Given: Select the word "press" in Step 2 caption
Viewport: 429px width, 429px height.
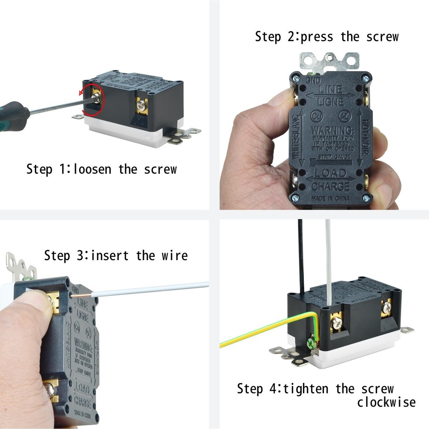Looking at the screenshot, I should click(317, 37).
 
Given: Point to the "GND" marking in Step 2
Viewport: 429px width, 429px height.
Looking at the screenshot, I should click(313, 80).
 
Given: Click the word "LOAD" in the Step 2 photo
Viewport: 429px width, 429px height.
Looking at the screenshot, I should click(331, 173).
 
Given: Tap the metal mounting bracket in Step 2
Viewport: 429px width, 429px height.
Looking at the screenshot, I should click(329, 61).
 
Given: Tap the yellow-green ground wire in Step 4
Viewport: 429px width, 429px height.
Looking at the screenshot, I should click(259, 331).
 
